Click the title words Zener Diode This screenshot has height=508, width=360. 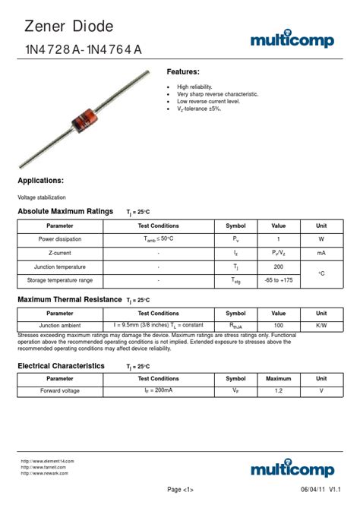pos(69,27)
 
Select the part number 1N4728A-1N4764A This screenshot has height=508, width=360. pos(83,50)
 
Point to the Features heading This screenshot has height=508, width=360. pos(183,72)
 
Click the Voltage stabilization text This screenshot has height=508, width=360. pos(42,197)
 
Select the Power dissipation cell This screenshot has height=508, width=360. pos(60,239)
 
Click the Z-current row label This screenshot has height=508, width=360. pos(60,253)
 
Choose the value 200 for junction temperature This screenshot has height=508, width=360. pos(279,267)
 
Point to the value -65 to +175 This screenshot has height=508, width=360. pos(279,281)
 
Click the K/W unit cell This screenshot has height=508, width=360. pos(321,325)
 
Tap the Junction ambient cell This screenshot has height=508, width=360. pos(60,325)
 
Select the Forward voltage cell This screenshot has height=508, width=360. pos(60,391)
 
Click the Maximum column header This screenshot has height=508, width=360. pos(279,378)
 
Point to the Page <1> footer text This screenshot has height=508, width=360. pos(180,490)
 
